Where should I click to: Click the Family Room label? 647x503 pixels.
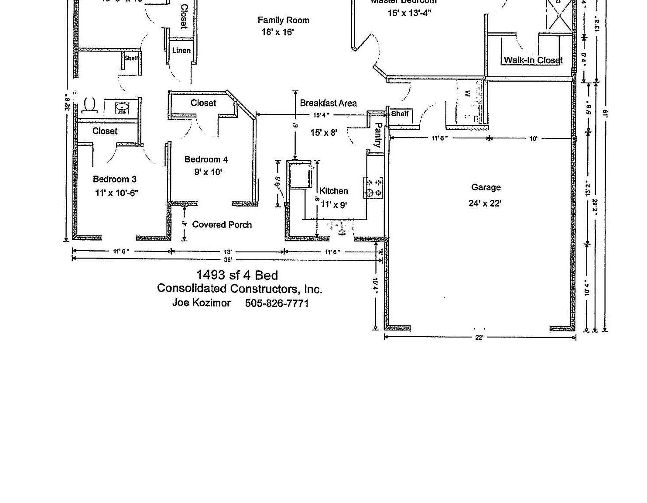283,20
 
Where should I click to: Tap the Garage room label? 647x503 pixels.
486,187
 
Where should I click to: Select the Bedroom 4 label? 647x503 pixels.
206,159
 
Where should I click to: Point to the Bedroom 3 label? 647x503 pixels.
114,179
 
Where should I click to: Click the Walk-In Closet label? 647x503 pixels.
533,60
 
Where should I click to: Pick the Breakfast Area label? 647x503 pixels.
328,103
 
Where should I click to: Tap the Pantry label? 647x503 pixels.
378,135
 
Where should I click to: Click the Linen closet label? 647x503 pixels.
181,50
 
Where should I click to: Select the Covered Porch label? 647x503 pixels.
222,224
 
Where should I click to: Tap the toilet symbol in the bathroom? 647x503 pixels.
89,105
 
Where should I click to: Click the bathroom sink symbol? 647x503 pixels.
122,107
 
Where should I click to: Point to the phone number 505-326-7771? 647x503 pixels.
277,303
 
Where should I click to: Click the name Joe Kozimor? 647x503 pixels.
201,303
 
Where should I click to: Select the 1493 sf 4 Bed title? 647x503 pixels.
236,275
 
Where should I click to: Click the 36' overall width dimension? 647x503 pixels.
228,259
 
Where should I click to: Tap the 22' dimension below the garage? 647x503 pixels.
479,338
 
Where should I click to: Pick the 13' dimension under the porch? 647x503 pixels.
228,251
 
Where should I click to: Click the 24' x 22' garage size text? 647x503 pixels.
485,203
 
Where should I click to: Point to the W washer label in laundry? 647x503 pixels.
467,93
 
